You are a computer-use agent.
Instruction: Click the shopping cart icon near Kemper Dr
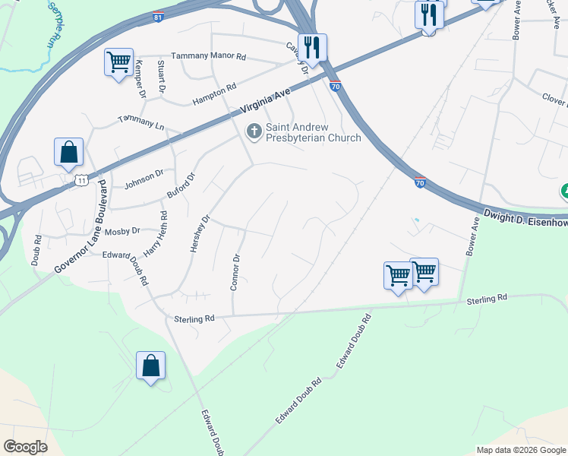[118, 62]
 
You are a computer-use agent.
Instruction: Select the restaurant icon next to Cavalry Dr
[311, 47]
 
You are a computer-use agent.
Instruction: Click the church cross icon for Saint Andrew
[254, 132]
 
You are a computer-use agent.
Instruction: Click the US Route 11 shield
[80, 179]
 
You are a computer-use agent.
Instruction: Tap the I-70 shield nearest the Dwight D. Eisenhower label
[420, 183]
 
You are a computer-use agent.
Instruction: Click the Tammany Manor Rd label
[209, 56]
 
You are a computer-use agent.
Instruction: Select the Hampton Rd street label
[213, 88]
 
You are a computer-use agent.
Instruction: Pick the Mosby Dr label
[122, 230]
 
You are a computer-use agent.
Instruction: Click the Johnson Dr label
[144, 178]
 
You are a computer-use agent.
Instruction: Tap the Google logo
[25, 447]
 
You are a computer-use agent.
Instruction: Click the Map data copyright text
[521, 450]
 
